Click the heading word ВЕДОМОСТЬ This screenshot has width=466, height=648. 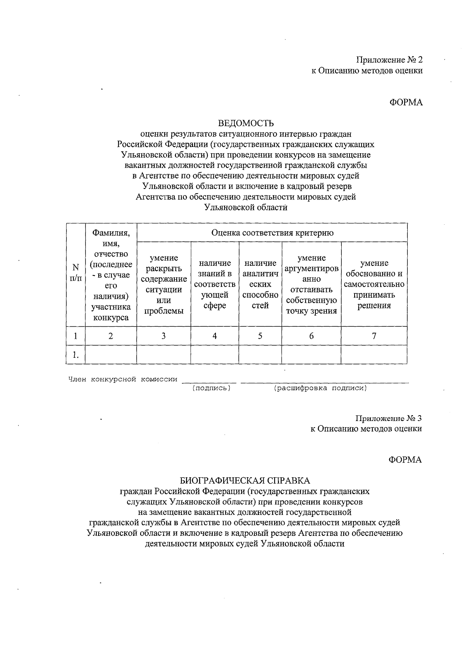pos(246,123)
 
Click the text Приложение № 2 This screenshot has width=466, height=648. pos(389,60)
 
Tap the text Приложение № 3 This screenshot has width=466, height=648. pos(389,418)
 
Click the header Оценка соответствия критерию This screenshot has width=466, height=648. pos(272,232)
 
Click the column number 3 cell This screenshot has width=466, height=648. pos(163,336)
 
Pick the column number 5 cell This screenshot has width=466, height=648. pos(260,336)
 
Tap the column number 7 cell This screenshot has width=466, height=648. pos(374,336)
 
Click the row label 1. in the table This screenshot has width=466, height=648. pos(76,355)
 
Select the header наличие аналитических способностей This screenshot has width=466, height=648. pos(260,284)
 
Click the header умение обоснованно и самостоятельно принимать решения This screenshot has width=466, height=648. pos(374,284)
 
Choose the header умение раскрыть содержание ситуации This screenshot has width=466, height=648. pos(163,284)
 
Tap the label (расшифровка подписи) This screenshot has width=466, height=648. pos(320,388)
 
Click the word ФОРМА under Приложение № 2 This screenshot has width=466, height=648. pos(406,102)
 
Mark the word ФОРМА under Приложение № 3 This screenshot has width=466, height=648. pos(405,460)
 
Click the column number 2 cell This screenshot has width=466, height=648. pos(111,336)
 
